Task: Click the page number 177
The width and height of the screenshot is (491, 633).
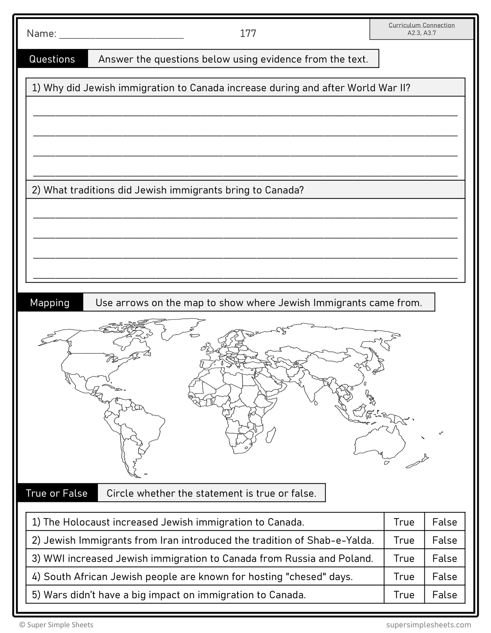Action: point(248,33)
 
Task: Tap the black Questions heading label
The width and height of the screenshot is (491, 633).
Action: point(52,59)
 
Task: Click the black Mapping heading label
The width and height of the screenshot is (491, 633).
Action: point(50,303)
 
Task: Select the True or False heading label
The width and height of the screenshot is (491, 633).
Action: point(57,493)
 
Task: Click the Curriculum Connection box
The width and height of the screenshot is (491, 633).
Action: point(421,29)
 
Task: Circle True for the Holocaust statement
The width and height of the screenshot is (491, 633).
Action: point(404,522)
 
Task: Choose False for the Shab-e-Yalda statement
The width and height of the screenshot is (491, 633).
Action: point(444,540)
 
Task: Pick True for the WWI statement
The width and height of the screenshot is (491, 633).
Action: point(404,558)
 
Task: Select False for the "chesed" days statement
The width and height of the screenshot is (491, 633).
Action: point(444,577)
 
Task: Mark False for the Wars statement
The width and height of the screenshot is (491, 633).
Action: point(444,595)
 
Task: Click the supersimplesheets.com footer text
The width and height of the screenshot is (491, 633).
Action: point(428,625)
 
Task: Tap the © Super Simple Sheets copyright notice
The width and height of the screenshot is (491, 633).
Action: point(56,625)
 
